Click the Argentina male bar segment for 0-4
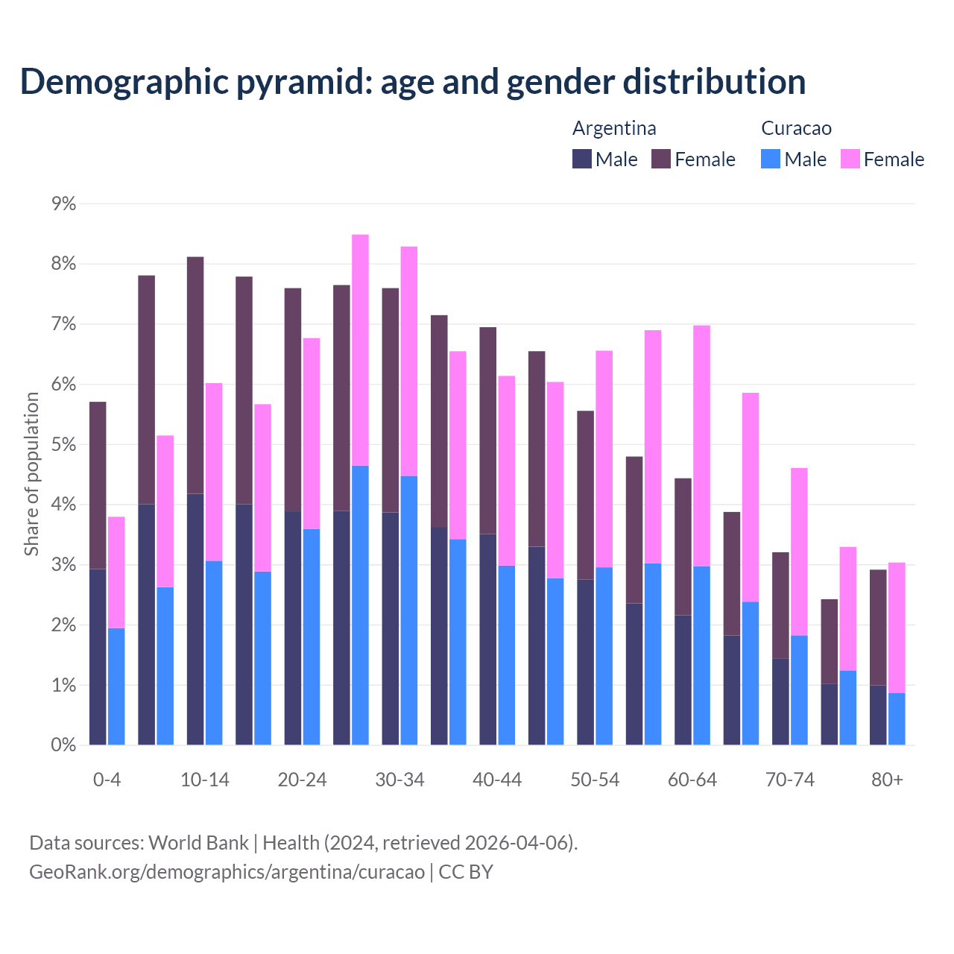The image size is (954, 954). pyautogui.click(x=98, y=657)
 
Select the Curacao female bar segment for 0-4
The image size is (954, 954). pyautogui.click(x=116, y=572)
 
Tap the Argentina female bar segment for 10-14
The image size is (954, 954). pyautogui.click(x=195, y=375)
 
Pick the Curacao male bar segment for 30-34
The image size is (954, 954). pyautogui.click(x=409, y=610)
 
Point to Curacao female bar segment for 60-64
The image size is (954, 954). pyautogui.click(x=701, y=446)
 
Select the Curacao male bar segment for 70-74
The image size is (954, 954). pyautogui.click(x=799, y=690)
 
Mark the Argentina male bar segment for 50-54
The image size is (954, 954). pyautogui.click(x=586, y=662)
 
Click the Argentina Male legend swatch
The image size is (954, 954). pyautogui.click(x=582, y=159)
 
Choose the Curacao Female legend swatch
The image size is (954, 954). pyautogui.click(x=850, y=159)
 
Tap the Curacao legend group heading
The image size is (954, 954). pyautogui.click(x=796, y=128)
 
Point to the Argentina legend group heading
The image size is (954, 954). pyautogui.click(x=614, y=128)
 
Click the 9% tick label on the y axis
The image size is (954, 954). pyautogui.click(x=64, y=203)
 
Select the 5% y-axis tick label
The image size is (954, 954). pyautogui.click(x=64, y=444)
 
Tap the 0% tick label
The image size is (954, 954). pyautogui.click(x=64, y=745)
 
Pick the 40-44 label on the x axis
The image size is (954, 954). pyautogui.click(x=497, y=780)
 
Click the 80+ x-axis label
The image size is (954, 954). pyautogui.click(x=887, y=780)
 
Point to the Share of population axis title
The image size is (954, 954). pyautogui.click(x=31, y=474)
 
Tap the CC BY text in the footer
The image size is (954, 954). pyautogui.click(x=466, y=871)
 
